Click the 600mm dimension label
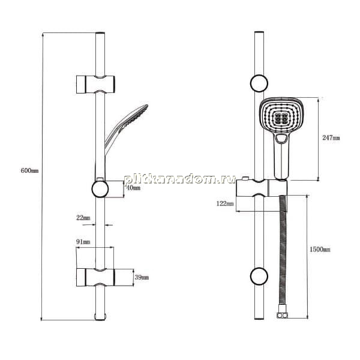click(x=29, y=170)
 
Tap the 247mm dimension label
click(x=331, y=138)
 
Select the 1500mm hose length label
click(x=320, y=250)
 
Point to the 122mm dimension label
click(x=225, y=203)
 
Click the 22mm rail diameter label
click(x=83, y=218)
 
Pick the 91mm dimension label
click(x=83, y=242)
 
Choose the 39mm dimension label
click(x=142, y=277)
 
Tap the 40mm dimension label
click(x=133, y=188)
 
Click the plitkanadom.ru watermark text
click(x=180, y=179)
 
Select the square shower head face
click(x=282, y=115)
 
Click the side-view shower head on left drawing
click(x=126, y=128)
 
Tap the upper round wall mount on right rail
click(x=259, y=83)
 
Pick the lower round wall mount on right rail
click(x=259, y=276)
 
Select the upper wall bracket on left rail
click(x=95, y=84)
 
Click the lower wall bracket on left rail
click(x=95, y=277)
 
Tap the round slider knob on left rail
click(x=100, y=189)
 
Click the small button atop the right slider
click(x=245, y=178)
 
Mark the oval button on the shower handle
click(x=282, y=139)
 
